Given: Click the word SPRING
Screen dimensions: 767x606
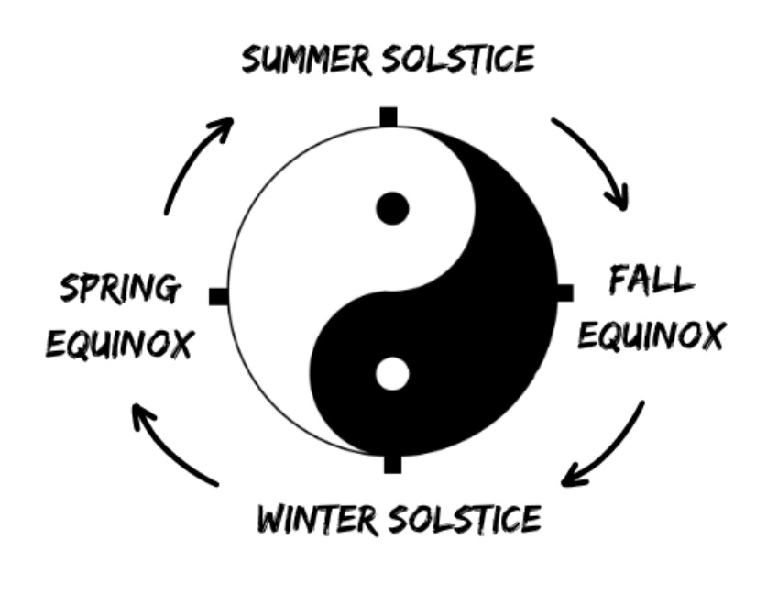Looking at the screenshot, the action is pos(119,290).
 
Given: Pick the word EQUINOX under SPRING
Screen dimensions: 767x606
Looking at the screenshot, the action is pos(119,345).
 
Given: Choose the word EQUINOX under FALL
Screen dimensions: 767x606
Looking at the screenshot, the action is pos(651,336).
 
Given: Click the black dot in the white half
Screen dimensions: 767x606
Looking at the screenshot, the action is pos(392,209).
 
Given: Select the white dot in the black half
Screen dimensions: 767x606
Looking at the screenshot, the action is pos(392,374).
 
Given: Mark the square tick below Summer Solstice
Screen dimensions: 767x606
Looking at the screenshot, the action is pos(389,117).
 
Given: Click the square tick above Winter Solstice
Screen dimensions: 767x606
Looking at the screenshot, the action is pos(392,464).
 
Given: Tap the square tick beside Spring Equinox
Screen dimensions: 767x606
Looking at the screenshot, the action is pos(218,296).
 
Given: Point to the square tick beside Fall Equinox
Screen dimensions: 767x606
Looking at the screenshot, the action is pos(564,292).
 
